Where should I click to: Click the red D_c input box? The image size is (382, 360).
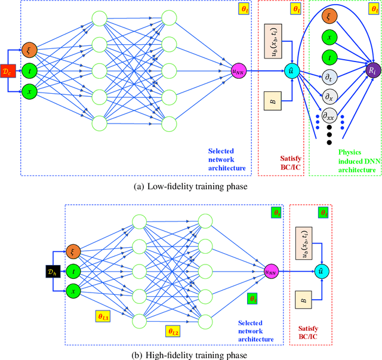pos(8,70)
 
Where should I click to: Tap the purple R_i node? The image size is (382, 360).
pos(372,70)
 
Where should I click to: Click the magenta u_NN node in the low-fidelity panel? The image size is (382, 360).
pos(241,70)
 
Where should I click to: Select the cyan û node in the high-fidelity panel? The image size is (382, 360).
pos(322,270)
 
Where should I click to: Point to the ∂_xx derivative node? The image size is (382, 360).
pos(328,116)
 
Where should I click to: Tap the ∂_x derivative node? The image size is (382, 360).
pos(328,96)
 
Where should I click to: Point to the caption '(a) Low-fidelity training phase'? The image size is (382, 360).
pos(191,186)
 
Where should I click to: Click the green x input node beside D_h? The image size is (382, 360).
pos(73,291)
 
